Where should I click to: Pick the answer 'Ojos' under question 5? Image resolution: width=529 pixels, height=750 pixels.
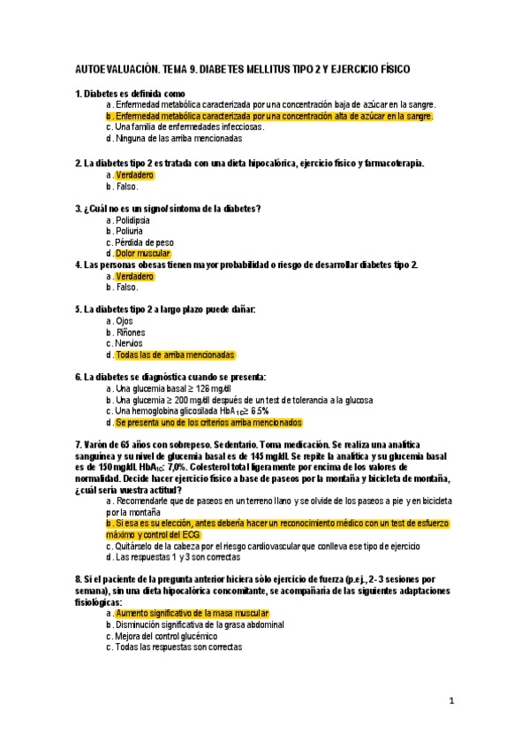click(125, 321)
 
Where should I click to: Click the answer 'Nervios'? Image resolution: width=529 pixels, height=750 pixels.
click(129, 343)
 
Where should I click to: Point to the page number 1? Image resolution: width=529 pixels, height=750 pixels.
click(451, 701)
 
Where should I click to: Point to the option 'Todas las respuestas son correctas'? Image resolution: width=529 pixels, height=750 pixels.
click(178, 647)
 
